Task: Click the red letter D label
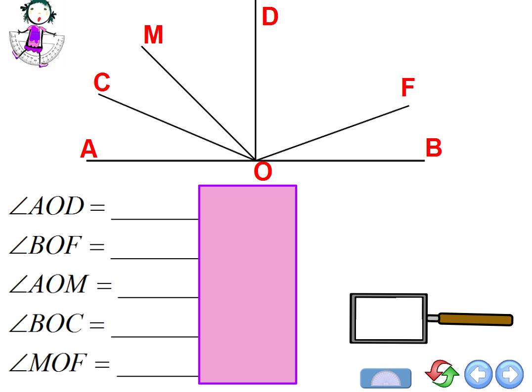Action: (x=270, y=17)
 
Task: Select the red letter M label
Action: (x=153, y=35)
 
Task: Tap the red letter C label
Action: (x=102, y=82)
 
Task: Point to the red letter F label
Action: (x=408, y=87)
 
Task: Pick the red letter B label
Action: (x=434, y=148)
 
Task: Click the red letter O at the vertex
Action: (x=263, y=171)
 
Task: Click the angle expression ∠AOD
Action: (x=47, y=206)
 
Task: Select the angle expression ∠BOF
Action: (x=45, y=245)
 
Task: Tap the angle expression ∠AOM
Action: (x=49, y=284)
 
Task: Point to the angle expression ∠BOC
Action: (x=46, y=323)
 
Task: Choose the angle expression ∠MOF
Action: (x=48, y=362)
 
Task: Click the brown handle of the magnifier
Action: (x=475, y=319)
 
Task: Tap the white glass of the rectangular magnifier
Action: (x=389, y=318)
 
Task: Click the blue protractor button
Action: (x=386, y=378)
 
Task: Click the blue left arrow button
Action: (x=479, y=374)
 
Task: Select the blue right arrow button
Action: (x=509, y=374)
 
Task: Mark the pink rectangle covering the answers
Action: (x=248, y=284)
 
